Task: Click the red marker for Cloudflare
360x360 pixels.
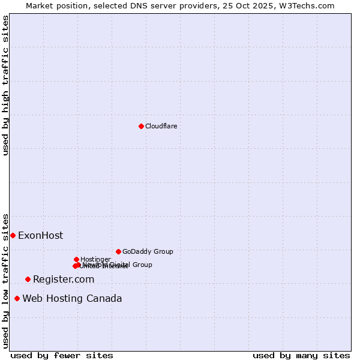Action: pos(141,126)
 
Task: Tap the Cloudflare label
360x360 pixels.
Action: pos(161,126)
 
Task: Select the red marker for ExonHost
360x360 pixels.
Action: pos(13,235)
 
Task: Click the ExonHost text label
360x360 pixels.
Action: pos(40,236)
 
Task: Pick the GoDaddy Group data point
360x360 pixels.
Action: pos(118,251)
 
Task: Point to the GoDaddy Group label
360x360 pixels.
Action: pos(148,251)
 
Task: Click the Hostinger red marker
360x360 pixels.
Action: pos(76,259)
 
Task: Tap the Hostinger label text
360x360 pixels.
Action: pos(95,259)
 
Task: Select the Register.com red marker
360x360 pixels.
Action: pos(28,279)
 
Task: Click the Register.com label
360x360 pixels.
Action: pos(64,280)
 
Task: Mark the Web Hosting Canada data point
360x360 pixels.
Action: pos(17,298)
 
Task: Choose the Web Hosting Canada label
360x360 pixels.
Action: pos(72,299)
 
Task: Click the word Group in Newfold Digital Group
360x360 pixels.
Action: pos(142,265)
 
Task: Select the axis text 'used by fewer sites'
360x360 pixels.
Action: pos(62,355)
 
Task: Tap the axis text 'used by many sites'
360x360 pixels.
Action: pos(301,355)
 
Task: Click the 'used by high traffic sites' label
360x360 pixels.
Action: pos(5,85)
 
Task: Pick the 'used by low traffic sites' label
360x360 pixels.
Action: pos(5,280)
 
